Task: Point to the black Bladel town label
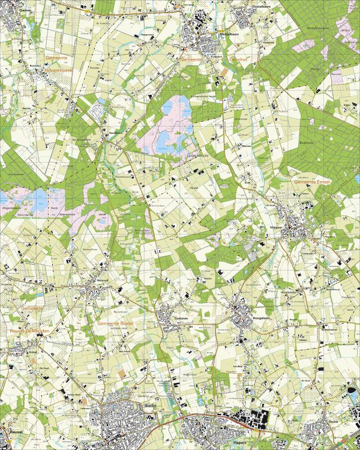click(x=150, y=406)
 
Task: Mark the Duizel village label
click(x=333, y=422)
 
